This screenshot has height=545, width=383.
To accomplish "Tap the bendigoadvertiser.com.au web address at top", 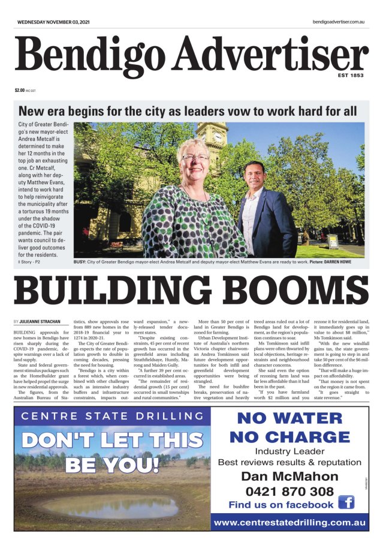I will [339, 22].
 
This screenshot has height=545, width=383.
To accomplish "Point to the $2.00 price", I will [20, 91].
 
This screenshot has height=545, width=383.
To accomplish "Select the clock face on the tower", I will [218, 136].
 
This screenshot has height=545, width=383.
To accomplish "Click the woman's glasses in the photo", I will [195, 158].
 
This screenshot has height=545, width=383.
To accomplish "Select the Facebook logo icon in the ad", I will [346, 502].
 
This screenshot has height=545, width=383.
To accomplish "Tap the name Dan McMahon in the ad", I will [289, 477].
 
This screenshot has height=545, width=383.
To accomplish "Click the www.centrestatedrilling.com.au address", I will [289, 522].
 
